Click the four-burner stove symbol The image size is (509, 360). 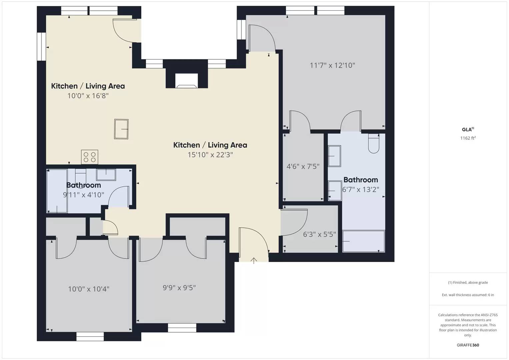[90, 157]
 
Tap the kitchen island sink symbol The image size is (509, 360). [121, 129]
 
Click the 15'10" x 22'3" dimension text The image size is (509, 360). [210, 155]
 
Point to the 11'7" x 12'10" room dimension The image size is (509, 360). [332, 65]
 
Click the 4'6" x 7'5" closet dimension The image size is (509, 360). [303, 166]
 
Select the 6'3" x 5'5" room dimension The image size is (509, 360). [319, 234]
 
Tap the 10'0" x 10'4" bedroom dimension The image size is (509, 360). [89, 289]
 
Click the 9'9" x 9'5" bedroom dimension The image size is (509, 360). [179, 287]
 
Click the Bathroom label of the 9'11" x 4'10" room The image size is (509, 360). [83, 185]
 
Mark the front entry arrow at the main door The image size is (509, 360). [254, 260]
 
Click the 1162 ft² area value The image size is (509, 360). [468, 138]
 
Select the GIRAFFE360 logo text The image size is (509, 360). [468, 345]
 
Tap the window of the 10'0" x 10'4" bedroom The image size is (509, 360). [90, 336]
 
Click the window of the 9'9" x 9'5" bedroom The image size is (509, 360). [182, 328]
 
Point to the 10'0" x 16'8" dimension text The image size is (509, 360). [88, 96]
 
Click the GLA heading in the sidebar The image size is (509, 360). [467, 130]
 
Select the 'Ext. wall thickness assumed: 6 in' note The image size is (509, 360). [468, 295]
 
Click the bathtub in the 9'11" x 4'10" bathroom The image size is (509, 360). [57, 191]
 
